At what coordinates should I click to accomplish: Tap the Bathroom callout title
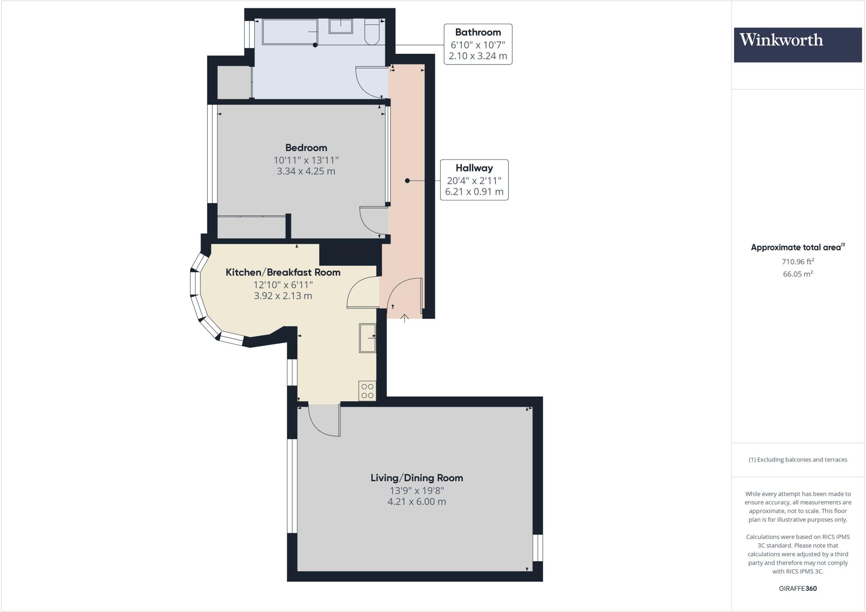[477, 32]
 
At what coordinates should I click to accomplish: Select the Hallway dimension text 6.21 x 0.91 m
[474, 192]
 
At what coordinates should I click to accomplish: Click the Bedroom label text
[306, 148]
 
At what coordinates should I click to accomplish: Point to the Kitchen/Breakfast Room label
[282, 272]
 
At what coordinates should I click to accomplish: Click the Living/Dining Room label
[417, 478]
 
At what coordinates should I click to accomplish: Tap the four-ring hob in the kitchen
[367, 391]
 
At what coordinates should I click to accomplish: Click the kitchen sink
[367, 338]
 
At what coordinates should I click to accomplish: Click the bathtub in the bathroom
[290, 32]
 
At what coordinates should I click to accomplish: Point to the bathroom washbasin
[340, 26]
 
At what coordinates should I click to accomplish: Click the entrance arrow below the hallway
[404, 318]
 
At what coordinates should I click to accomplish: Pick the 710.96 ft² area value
[797, 262]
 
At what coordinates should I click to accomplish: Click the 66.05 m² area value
[797, 274]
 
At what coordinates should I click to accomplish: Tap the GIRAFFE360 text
[797, 588]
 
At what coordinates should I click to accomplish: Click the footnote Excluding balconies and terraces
[797, 460]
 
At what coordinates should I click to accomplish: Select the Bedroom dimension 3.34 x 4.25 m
[306, 171]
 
